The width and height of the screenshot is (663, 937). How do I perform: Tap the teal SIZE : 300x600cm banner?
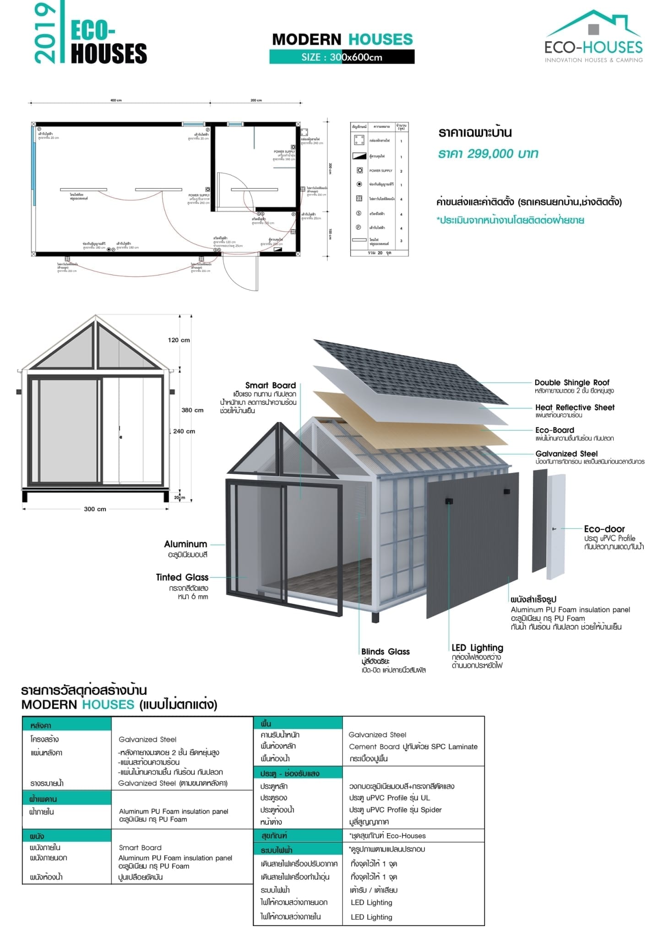coord(342,57)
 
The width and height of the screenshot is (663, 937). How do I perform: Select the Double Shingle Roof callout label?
coord(572,382)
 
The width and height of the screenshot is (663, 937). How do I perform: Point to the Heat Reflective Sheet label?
coord(575,407)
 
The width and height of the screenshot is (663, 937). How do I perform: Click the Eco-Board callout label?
coord(554,430)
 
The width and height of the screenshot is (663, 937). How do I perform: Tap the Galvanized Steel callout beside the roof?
coord(566,454)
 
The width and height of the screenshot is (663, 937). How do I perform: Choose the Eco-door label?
coord(604,529)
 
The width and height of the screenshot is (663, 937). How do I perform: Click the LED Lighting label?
coord(477,648)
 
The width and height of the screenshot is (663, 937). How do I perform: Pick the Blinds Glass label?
coord(385,652)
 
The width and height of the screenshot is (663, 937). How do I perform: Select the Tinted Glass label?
coord(182,577)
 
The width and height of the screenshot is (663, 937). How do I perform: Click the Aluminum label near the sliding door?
coord(185,544)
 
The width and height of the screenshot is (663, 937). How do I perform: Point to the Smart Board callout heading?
coord(270,385)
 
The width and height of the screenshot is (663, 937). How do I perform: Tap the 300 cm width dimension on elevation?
coord(95,509)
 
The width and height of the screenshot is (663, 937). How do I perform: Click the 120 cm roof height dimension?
coord(179,340)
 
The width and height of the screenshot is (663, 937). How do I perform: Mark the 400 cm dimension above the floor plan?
coord(116,100)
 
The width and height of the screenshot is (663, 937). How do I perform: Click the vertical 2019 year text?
coord(44,33)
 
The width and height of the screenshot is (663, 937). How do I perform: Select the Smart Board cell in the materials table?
coord(140,847)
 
